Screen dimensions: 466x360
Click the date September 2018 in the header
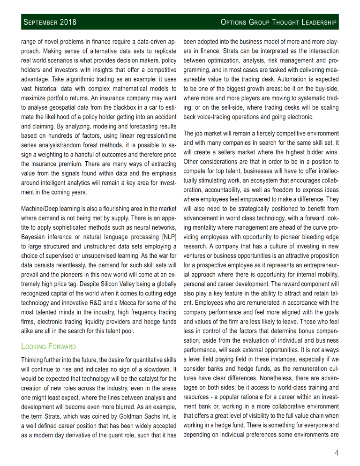click(50, 22)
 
